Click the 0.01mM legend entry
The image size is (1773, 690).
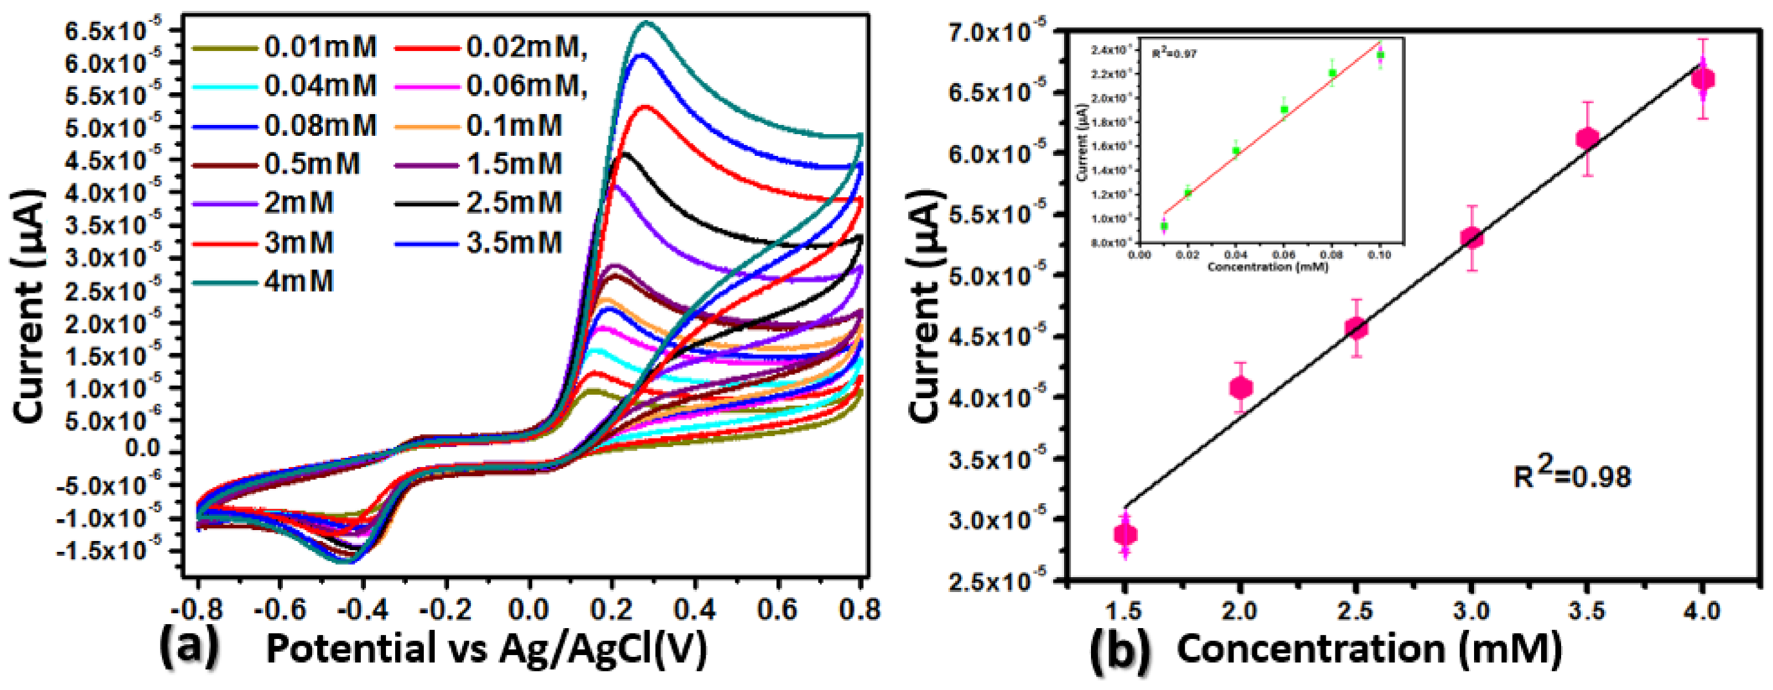pos(320,48)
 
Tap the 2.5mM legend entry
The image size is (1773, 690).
pos(514,203)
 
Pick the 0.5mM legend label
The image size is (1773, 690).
pos(311,164)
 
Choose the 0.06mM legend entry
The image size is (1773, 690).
pos(526,86)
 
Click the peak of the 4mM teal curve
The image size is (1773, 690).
pos(645,23)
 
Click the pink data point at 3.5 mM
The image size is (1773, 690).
pos(1587,139)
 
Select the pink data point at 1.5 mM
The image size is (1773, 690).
pos(1125,534)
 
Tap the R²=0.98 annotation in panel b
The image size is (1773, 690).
pos(1572,475)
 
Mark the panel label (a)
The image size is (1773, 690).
pos(188,648)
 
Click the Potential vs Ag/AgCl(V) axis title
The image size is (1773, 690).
pos(486,649)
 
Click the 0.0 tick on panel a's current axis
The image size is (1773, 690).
pos(143,448)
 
